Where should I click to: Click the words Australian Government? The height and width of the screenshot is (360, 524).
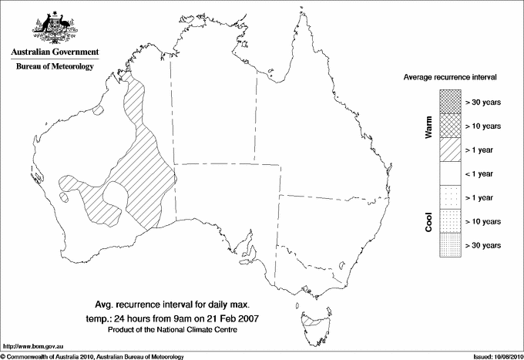click(55, 52)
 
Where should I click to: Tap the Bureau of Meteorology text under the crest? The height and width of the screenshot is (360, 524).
click(55, 66)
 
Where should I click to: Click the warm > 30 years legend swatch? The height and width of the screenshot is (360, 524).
click(450, 101)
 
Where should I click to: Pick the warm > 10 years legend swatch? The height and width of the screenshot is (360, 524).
click(450, 125)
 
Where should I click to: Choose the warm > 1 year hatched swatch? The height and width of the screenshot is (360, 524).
click(450, 149)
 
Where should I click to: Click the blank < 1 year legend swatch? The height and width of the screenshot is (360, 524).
click(450, 173)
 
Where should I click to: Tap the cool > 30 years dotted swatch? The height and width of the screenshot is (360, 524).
click(450, 245)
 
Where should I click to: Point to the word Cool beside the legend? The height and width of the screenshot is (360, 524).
click(428, 222)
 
